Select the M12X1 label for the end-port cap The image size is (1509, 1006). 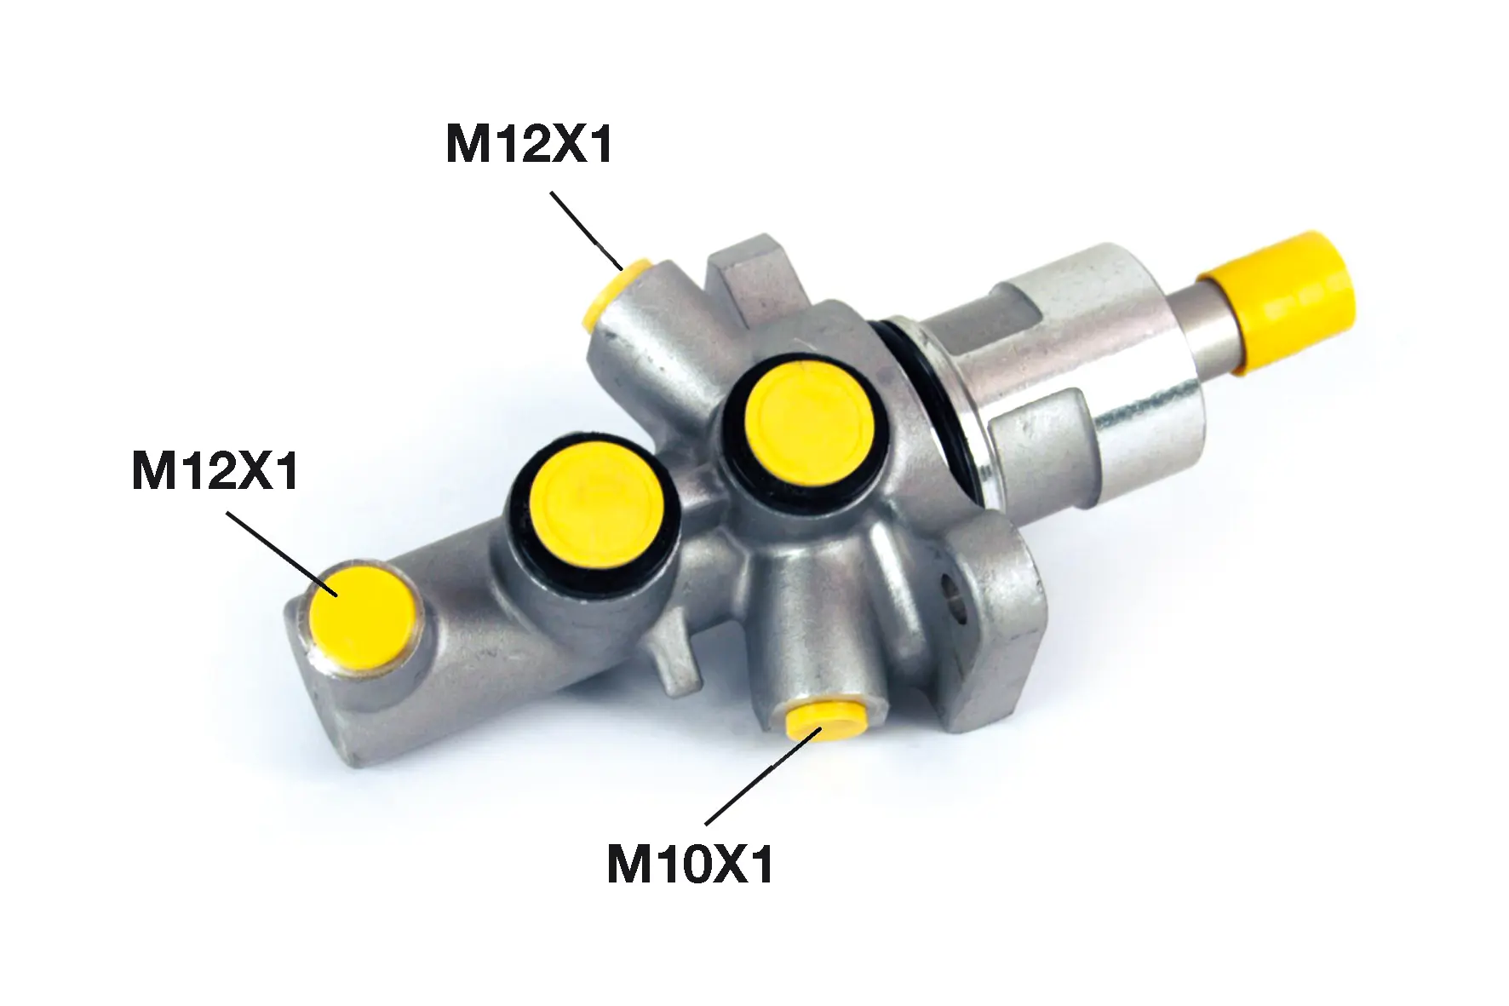click(x=215, y=471)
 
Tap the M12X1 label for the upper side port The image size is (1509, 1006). click(x=530, y=144)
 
